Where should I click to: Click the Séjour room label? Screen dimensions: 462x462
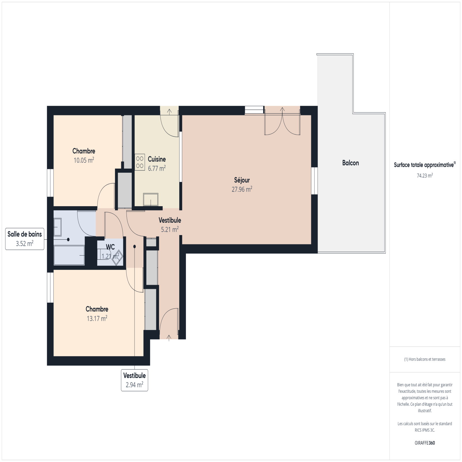click(242, 180)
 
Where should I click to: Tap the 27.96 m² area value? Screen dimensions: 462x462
click(242, 189)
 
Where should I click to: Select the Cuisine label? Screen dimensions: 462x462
click(157, 159)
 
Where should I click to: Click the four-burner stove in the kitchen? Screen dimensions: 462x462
click(140, 162)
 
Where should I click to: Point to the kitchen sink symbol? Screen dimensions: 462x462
click(151, 200)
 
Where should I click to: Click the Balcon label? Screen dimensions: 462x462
click(351, 163)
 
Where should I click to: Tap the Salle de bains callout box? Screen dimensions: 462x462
click(25, 239)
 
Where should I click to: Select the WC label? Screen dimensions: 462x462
click(110, 247)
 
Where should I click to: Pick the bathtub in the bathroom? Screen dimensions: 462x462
click(69, 255)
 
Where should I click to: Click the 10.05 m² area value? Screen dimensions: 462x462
click(84, 160)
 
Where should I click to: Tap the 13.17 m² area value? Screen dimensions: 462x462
click(97, 318)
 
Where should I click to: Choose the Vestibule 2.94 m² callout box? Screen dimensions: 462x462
click(135, 380)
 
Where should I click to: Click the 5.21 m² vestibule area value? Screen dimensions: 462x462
click(170, 229)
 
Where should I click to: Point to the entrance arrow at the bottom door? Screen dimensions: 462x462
click(169, 337)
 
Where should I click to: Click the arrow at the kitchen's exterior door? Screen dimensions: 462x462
click(169, 111)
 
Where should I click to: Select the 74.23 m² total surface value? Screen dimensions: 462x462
click(425, 176)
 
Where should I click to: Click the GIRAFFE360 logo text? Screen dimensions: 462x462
click(425, 443)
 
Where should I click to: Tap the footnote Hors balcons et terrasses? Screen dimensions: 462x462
click(425, 359)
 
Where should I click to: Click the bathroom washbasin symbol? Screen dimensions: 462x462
click(57, 227)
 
